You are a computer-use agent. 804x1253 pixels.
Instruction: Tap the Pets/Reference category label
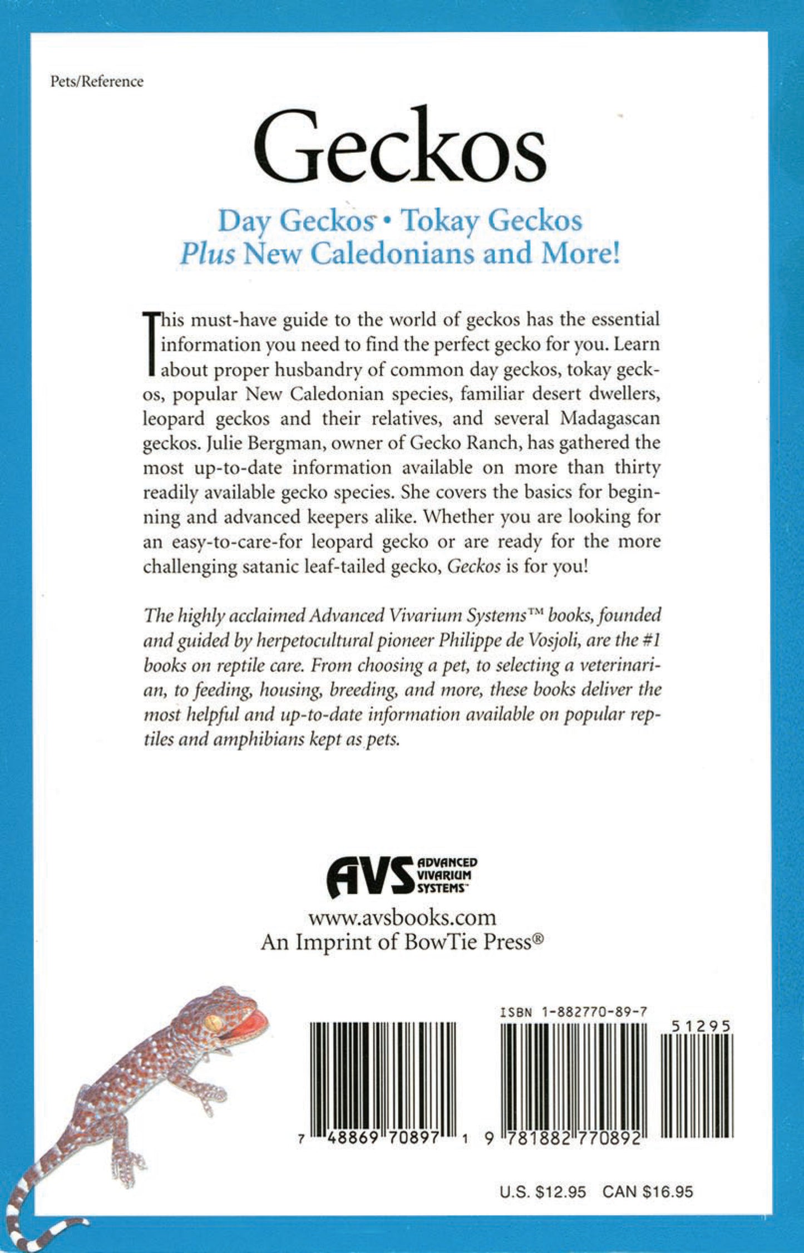tap(97, 82)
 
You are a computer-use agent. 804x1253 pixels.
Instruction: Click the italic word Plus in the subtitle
tap(207, 255)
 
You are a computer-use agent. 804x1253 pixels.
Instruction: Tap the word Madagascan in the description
tap(610, 418)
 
